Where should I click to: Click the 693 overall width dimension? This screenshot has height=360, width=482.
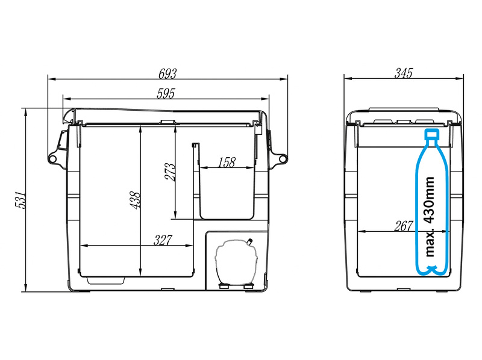167,73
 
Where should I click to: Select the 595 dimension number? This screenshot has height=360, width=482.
166,93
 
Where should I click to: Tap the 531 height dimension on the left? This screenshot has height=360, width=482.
20,200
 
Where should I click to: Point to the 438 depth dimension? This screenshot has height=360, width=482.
135,200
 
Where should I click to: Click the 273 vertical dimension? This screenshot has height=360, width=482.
170,172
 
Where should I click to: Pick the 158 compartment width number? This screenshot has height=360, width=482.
227,163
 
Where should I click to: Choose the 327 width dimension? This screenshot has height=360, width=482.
163,240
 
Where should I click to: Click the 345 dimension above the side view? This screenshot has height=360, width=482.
403,73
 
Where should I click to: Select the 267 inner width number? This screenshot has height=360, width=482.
403,226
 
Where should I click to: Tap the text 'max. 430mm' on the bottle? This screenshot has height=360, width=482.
430,217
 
